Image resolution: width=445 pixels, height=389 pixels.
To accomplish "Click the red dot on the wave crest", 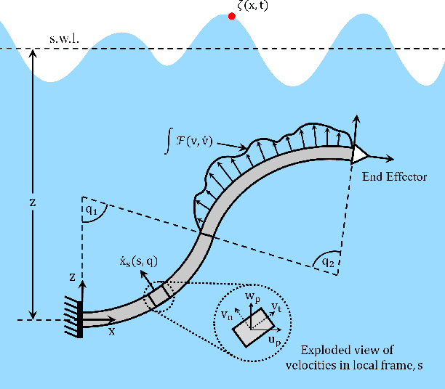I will pyautogui.click(x=232, y=15).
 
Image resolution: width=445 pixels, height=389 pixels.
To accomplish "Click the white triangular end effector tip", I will pyautogui.click(x=360, y=153).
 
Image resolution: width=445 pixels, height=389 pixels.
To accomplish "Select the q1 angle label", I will pyautogui.click(x=90, y=210).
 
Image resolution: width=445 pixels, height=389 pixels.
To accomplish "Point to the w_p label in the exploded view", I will pyautogui.click(x=251, y=296).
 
